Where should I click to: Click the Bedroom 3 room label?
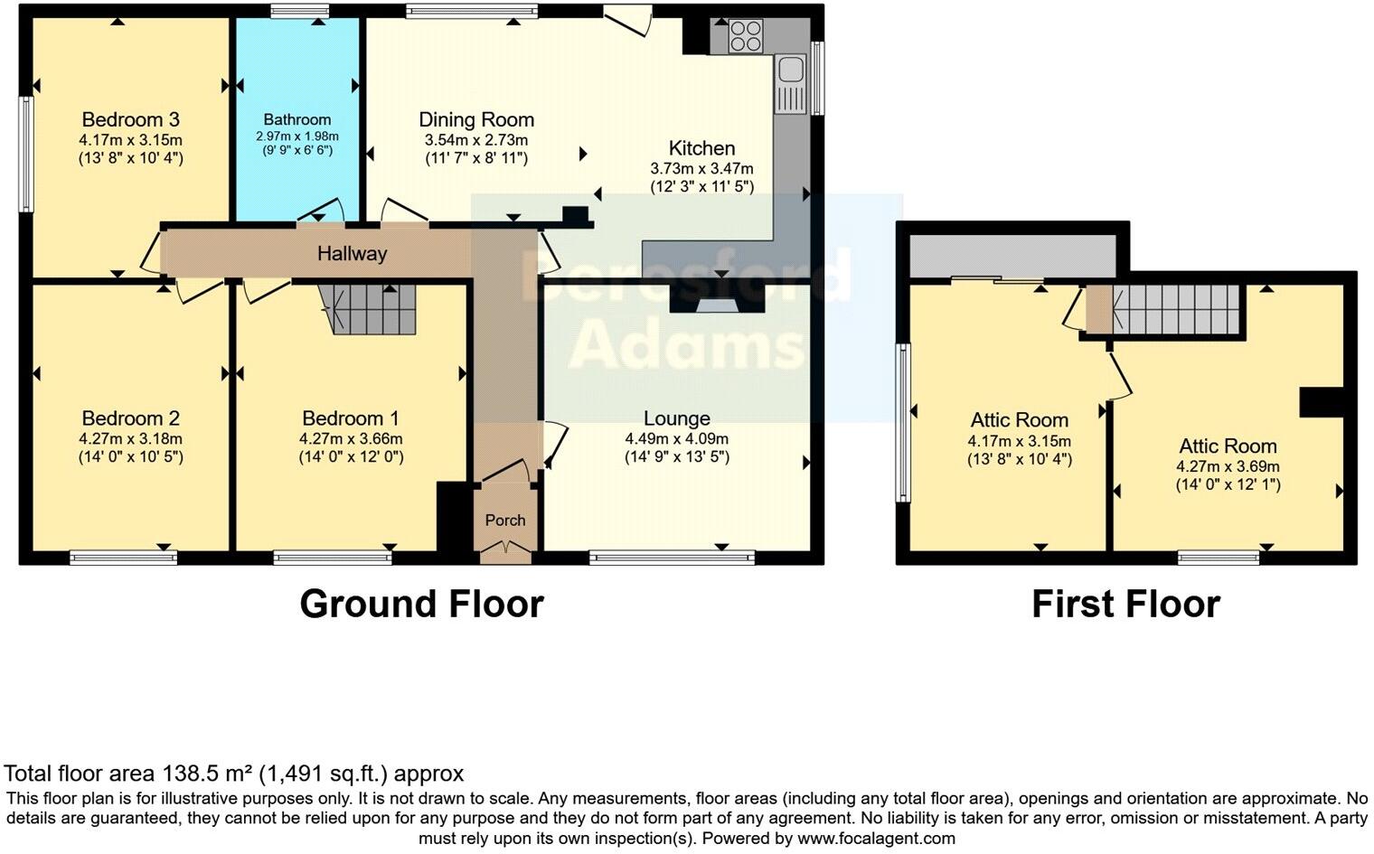(130, 119)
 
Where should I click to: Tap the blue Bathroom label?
(297, 119)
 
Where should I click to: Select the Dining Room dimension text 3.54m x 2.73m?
(476, 140)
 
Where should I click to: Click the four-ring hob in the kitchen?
(746, 35)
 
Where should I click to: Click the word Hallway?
(352, 254)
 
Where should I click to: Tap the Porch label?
(505, 520)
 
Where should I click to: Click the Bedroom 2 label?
(130, 418)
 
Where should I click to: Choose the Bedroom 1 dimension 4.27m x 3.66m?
(351, 438)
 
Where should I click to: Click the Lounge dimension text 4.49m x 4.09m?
(676, 438)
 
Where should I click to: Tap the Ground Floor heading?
(421, 604)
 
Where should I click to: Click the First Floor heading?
(1125, 604)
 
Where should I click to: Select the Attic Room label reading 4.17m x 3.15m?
(1019, 441)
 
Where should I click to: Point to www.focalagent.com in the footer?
(876, 838)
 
